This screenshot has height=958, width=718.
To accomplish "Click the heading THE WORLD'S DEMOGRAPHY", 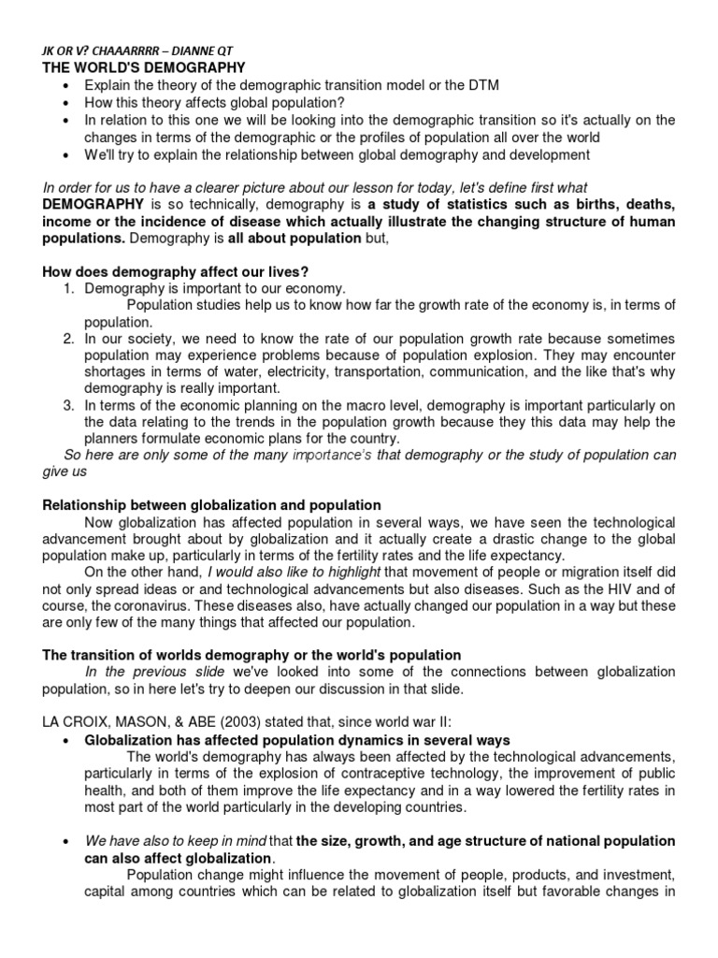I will [x=144, y=67].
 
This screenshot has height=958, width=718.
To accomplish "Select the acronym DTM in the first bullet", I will [x=481, y=85].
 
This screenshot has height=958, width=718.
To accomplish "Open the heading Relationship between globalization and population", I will [x=212, y=506].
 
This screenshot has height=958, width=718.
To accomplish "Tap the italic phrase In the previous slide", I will [x=157, y=673].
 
